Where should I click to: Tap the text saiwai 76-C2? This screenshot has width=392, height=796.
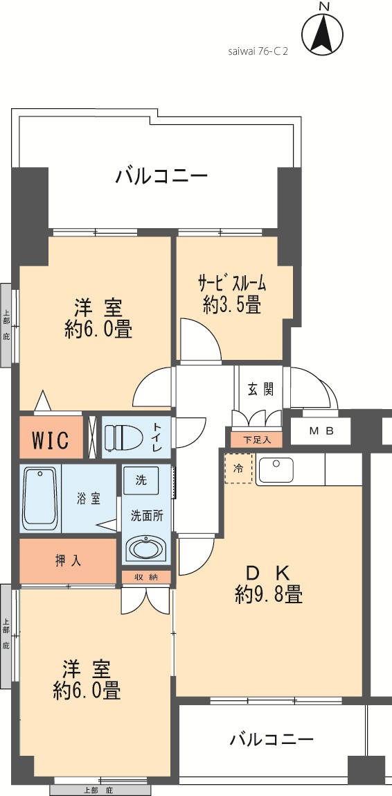pyautogui.click(x=258, y=52)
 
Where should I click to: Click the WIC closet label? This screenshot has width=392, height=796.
pyautogui.click(x=50, y=440)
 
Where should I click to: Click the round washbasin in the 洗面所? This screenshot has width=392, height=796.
pyautogui.click(x=145, y=549)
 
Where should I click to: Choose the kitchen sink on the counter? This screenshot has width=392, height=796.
pyautogui.click(x=276, y=469)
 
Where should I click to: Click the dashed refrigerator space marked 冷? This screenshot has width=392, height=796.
pyautogui.click(x=238, y=469)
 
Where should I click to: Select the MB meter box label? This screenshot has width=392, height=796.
pyautogui.click(x=321, y=431)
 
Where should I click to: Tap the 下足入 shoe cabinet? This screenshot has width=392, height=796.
pyautogui.click(x=256, y=440)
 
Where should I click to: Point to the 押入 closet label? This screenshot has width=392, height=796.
pyautogui.click(x=67, y=561)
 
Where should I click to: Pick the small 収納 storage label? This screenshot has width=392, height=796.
pyautogui.click(x=146, y=577)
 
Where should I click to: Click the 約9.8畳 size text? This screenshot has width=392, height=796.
pyautogui.click(x=269, y=594)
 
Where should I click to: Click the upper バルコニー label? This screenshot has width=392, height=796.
pyautogui.click(x=161, y=178)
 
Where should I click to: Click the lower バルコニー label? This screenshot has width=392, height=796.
pyautogui.click(x=271, y=739)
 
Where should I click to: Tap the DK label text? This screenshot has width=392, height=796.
pyautogui.click(x=268, y=573)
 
